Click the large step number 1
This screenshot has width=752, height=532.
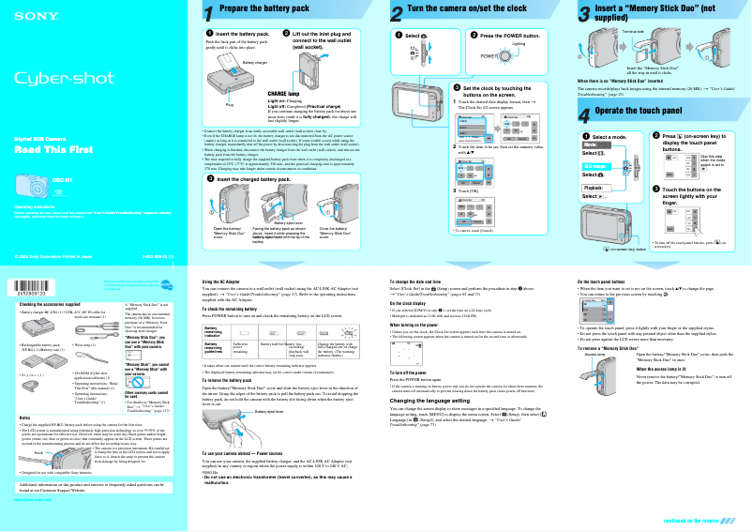point(208,12)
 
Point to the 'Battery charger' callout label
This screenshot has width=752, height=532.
point(254,62)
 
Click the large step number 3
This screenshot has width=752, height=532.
point(584,12)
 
